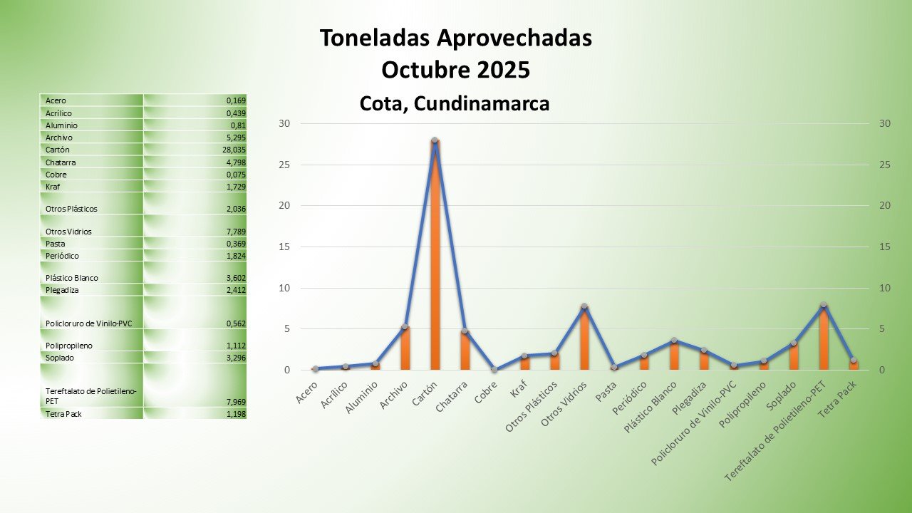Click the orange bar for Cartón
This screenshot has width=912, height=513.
coord(435,256)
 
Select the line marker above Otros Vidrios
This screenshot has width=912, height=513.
coord(584,306)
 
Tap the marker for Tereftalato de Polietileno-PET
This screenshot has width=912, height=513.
coord(823,305)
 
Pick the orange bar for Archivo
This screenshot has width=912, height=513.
coord(405,349)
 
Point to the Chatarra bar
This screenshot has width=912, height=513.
coord(465,351)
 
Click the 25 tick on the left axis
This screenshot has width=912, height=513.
coord(284,165)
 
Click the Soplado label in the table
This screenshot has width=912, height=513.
coord(61,358)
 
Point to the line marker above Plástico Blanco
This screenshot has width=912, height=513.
coord(673,341)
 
